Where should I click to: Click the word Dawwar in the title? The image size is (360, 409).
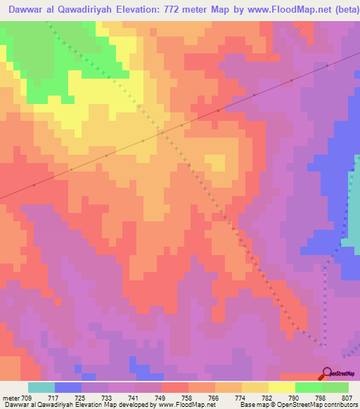[26, 10]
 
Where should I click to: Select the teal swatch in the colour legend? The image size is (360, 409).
[41, 387]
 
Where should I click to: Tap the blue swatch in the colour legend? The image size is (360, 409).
[67, 387]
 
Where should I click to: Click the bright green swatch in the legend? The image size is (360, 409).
[308, 387]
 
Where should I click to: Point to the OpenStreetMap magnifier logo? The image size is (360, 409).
[327, 372]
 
